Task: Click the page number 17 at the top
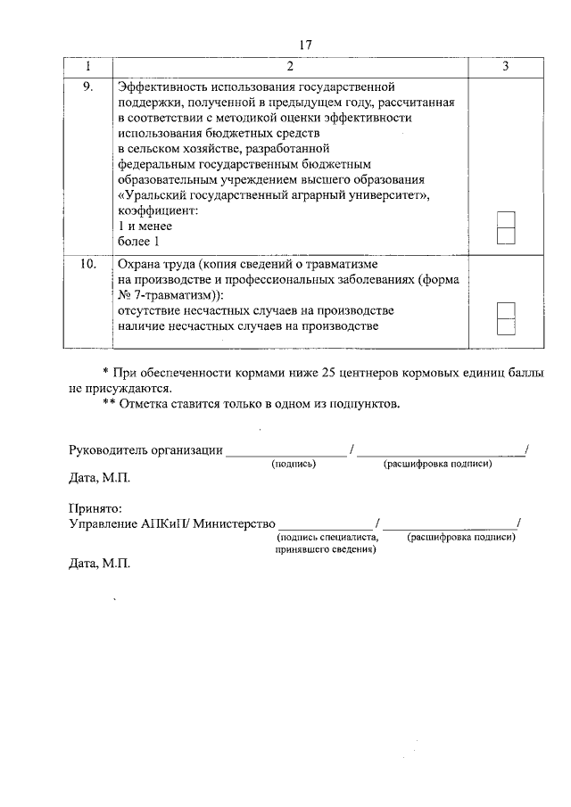point(305,45)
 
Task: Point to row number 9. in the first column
point(87,87)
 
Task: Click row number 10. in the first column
point(87,266)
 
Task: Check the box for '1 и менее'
point(505,220)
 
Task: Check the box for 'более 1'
point(505,235)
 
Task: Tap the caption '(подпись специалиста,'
point(328,537)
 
